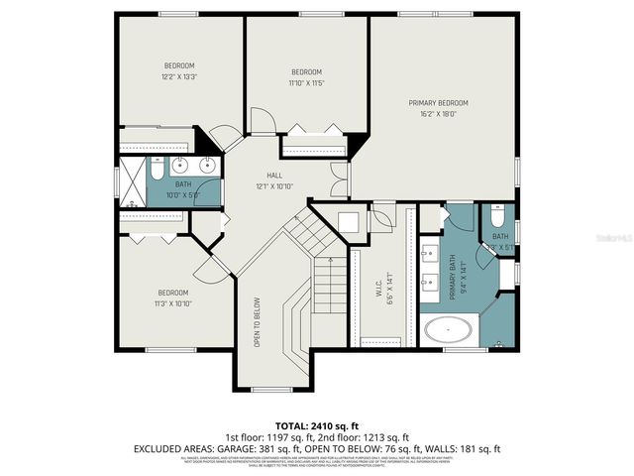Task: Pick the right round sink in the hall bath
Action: [209, 165]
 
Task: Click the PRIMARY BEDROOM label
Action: [438, 103]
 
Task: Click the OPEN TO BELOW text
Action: [257, 322]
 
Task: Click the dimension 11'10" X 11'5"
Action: [306, 83]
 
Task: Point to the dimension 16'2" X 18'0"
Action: [438, 114]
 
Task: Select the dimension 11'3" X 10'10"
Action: [173, 303]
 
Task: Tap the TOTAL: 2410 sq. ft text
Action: [318, 423]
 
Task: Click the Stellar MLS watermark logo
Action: [608, 238]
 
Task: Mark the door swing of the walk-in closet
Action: [381, 216]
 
